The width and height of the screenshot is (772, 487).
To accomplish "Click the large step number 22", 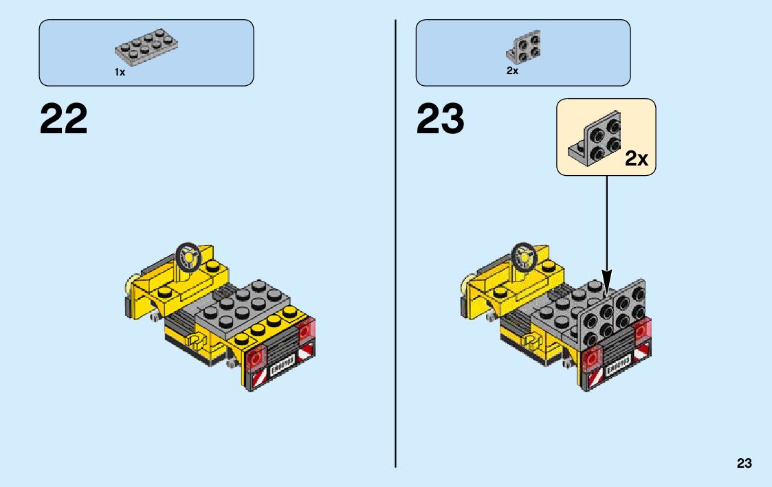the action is tap(64, 120).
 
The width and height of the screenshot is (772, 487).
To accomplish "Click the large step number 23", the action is tap(440, 120).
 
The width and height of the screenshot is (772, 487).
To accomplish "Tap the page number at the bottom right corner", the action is tap(744, 464).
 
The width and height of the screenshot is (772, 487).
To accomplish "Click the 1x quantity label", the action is tap(120, 72).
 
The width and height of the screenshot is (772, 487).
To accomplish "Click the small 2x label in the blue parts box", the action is tap(512, 71).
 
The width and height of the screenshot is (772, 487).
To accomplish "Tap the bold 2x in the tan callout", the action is tap(636, 159).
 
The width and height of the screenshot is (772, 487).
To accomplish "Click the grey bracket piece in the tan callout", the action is tap(593, 135).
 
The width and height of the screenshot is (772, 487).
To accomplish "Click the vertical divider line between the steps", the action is tap(396, 243).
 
